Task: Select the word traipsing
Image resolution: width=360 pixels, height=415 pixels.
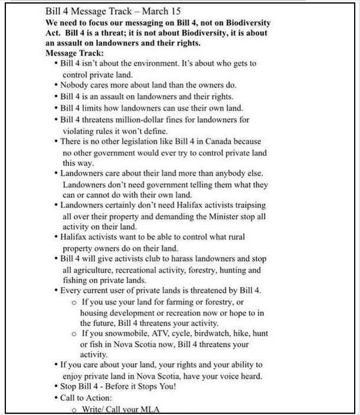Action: [246, 205]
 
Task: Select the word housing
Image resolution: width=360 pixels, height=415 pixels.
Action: [96, 312]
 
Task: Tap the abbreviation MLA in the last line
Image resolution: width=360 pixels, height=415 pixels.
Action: [151, 410]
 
